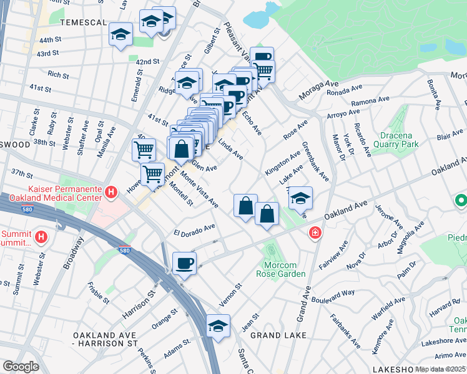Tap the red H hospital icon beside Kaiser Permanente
(x=111, y=193)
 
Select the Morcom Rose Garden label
(x=281, y=269)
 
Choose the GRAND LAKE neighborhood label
(x=278, y=335)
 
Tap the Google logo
(x=21, y=367)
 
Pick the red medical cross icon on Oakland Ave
(x=315, y=233)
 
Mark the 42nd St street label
(x=148, y=62)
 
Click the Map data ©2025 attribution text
(x=441, y=369)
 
